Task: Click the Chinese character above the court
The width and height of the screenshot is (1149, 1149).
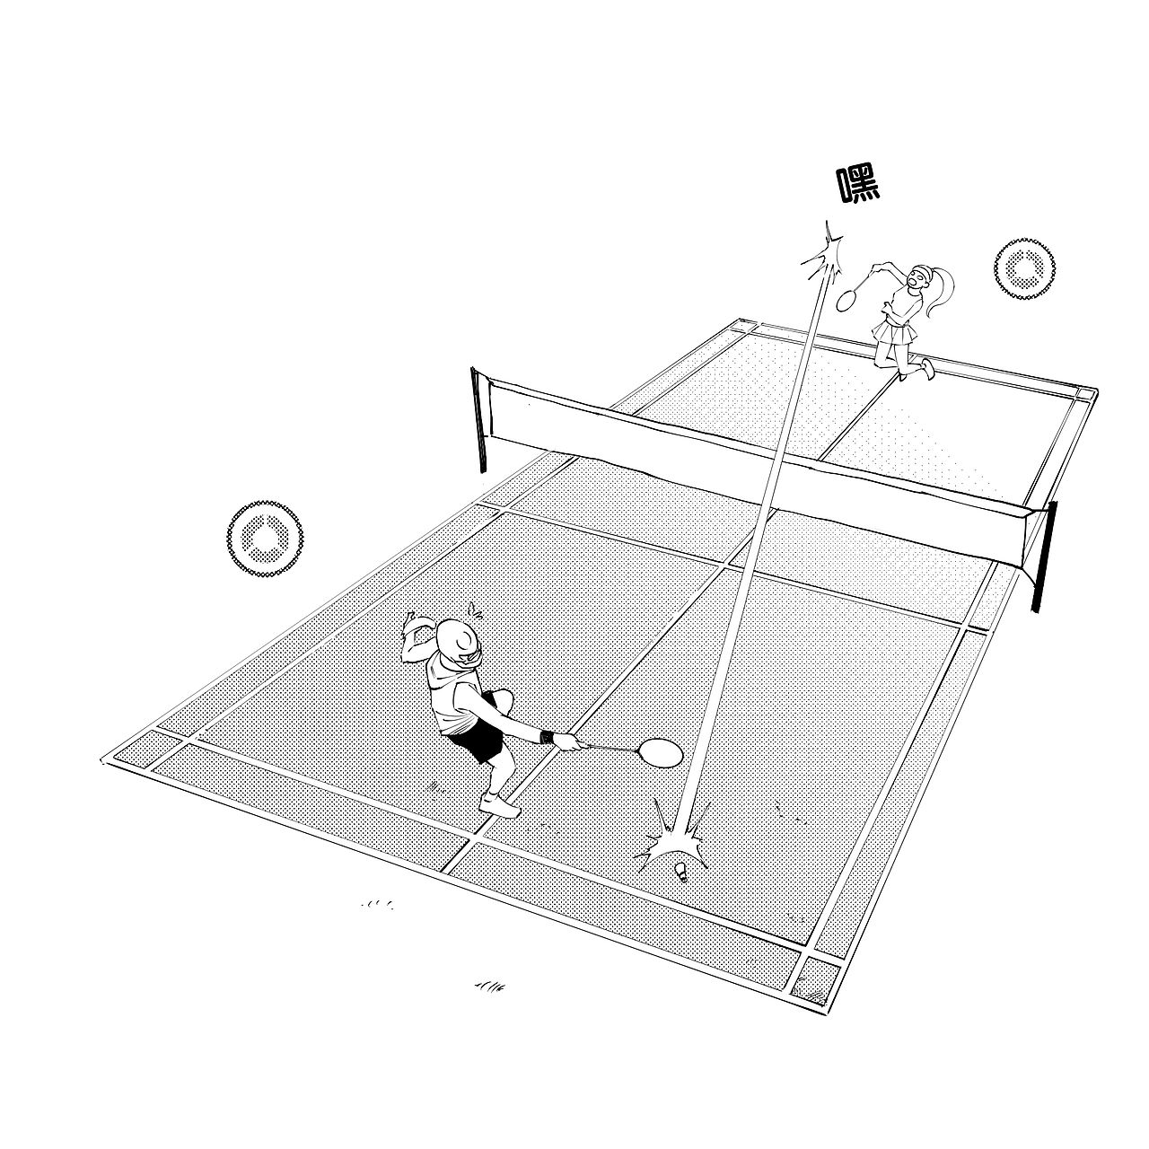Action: (859, 186)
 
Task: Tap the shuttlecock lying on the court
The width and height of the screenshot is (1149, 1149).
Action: (681, 873)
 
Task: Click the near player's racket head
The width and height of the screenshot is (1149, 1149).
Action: (661, 753)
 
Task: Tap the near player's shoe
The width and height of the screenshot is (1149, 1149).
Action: (500, 805)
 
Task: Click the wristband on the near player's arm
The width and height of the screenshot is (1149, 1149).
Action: (546, 737)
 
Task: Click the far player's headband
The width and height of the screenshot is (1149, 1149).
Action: (922, 275)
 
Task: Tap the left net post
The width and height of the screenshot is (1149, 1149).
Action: (478, 419)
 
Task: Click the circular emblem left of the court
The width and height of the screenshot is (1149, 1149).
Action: (265, 539)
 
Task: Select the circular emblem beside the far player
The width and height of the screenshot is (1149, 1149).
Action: (1024, 268)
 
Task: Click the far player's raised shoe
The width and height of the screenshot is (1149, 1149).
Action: (927, 369)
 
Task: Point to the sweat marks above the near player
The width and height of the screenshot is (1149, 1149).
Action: (474, 610)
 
